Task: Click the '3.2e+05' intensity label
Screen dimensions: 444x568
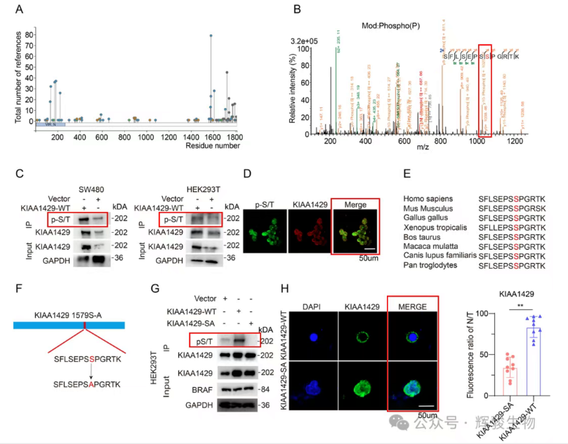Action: pyautogui.click(x=307, y=41)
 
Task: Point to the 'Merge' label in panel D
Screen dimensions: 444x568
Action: pyautogui.click(x=354, y=205)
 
